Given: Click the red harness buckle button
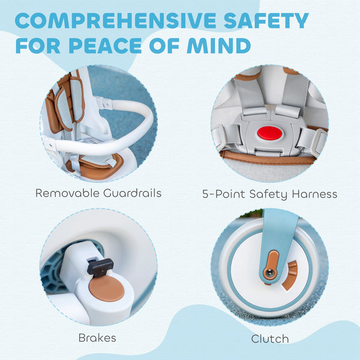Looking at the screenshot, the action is [x=269, y=133].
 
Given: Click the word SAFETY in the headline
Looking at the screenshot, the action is [x=266, y=20].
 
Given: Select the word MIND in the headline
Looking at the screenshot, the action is [x=219, y=46].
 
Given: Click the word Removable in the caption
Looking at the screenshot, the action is [x=67, y=193].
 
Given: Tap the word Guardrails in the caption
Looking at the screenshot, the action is [x=132, y=193].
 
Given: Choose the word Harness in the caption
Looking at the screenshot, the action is [x=314, y=194].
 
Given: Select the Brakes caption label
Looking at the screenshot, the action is [x=97, y=338].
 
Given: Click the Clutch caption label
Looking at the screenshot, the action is [x=270, y=339].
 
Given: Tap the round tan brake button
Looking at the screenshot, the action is [x=107, y=289].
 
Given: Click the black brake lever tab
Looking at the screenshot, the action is [x=100, y=267].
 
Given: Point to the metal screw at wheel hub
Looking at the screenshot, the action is [x=270, y=273].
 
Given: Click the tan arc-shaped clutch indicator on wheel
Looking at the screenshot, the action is [x=290, y=275].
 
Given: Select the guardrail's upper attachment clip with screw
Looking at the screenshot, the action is [x=104, y=103].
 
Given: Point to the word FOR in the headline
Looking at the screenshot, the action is [x=38, y=46].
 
